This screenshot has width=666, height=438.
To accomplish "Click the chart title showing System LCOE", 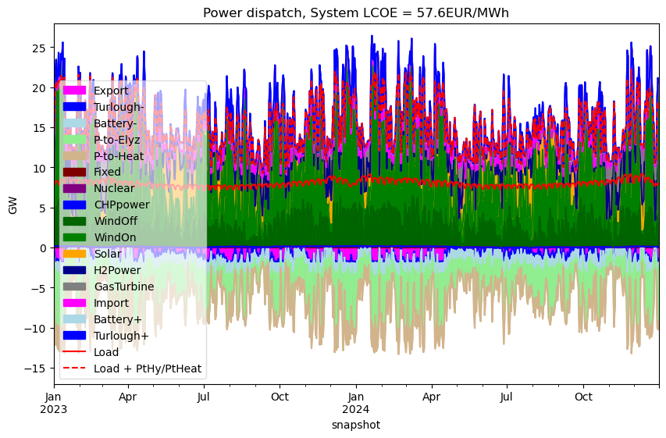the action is coord(356,12).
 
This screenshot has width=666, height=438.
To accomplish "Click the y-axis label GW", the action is coord(12,205).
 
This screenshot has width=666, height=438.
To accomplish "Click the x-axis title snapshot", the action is coord(356,425).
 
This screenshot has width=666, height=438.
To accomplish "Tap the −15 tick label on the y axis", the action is coord(37,369).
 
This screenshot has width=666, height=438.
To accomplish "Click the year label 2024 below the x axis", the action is coord(356,409).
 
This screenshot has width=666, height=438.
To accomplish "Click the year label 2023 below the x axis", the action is coord(54,409).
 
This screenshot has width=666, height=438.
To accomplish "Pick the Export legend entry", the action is coord(95,91).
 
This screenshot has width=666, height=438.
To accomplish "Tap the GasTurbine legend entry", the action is coord(109,287).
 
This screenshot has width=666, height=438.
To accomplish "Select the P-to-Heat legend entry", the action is coord(104,156).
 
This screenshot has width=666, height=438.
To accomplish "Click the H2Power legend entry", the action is coord(102,270).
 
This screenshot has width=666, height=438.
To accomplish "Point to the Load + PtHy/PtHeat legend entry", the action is coord(132,369).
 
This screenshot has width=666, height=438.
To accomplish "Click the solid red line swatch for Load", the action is coord(74,352).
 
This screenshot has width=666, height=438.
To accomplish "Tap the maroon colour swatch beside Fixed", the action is coord(74,172).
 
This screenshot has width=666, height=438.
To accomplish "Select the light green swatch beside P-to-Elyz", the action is coord(74,139).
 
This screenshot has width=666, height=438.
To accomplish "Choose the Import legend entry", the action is coord(95,303).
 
